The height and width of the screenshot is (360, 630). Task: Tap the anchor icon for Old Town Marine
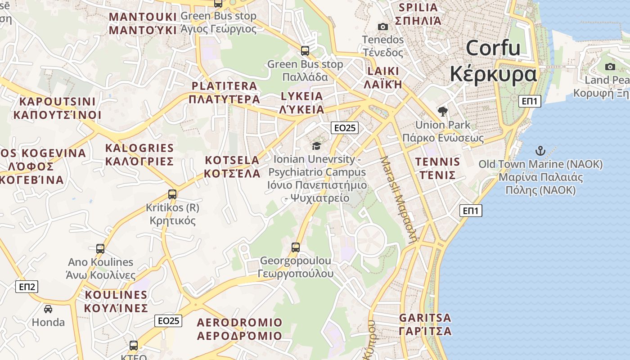tap(540, 151)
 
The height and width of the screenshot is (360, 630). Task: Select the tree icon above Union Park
tap(443, 112)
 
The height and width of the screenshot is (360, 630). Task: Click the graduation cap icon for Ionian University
tap(317, 146)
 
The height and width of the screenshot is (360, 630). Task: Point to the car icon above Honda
tap(48, 309)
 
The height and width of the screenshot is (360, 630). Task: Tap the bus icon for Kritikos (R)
tap(172, 194)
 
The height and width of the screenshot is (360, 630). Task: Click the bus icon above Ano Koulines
tap(100, 248)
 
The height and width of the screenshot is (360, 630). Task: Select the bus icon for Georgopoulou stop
tap(296, 247)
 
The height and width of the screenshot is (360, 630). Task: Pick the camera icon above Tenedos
tap(383, 27)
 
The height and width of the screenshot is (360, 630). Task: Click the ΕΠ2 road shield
tap(27, 287)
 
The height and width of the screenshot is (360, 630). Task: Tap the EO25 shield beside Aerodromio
tap(169, 320)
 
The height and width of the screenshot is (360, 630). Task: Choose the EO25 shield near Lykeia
tap(345, 128)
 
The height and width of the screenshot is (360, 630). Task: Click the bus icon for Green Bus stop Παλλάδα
tap(305, 50)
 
